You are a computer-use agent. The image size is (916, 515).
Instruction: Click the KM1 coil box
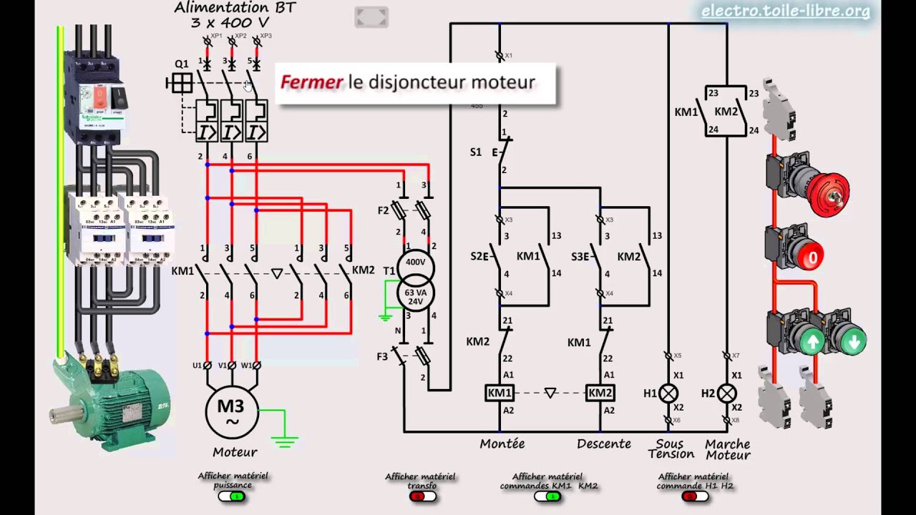pyautogui.click(x=500, y=393)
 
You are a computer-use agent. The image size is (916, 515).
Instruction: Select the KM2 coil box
pyautogui.click(x=600, y=393)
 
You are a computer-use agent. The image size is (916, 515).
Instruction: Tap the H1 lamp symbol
pyautogui.click(x=668, y=393)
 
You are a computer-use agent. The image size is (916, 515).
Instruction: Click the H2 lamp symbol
pyautogui.click(x=726, y=393)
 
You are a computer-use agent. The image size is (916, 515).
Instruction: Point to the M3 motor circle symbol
pyautogui.click(x=230, y=412)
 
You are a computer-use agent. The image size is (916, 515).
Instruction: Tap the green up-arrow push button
pyautogui.click(x=812, y=342)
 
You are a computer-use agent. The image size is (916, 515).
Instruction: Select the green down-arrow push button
pyautogui.click(x=852, y=341)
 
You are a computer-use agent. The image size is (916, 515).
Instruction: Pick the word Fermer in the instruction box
pyautogui.click(x=311, y=82)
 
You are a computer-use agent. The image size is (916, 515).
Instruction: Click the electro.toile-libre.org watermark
pyautogui.click(x=785, y=11)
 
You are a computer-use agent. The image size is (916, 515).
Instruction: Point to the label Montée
pyautogui.click(x=502, y=443)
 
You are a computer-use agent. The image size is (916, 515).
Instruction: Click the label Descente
pyautogui.click(x=604, y=443)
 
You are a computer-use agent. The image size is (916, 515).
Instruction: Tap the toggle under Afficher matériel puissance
pyautogui.click(x=232, y=496)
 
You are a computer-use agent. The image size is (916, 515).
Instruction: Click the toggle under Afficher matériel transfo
pyautogui.click(x=421, y=496)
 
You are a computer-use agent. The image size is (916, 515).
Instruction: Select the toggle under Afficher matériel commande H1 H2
pyautogui.click(x=695, y=496)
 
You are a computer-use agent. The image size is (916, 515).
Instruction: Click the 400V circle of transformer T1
pyautogui.click(x=415, y=263)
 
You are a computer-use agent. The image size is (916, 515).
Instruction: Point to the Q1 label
pyautogui.click(x=182, y=64)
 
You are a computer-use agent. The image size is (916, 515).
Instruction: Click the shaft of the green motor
pyautogui.click(x=63, y=413)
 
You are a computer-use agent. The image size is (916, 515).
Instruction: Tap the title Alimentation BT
pyautogui.click(x=235, y=8)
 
